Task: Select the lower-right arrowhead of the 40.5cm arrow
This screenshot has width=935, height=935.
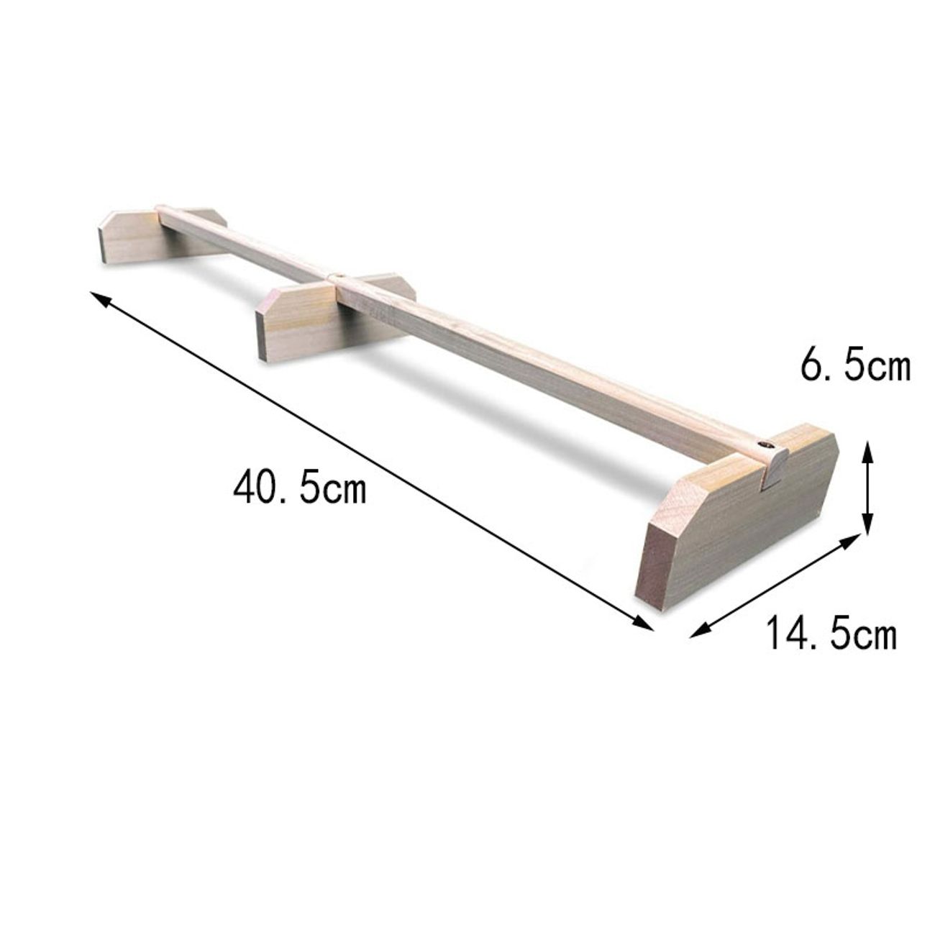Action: (644, 623)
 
